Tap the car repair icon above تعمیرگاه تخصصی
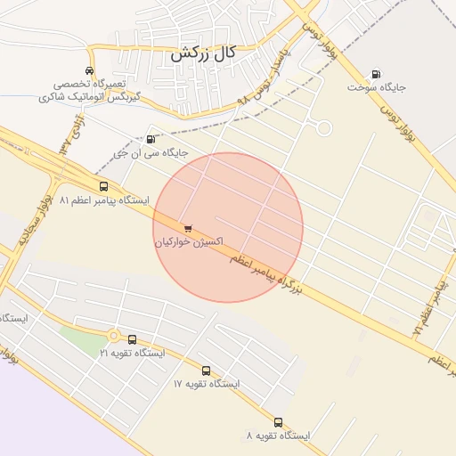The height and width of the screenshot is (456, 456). [89, 70]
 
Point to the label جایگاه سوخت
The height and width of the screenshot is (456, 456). [377, 87]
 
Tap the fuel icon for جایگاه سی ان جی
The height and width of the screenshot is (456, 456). [150, 139]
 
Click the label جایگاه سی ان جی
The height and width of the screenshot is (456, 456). [150, 153]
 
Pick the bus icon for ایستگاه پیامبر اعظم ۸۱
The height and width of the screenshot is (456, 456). [104, 187]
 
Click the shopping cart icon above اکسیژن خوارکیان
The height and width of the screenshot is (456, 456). [187, 228]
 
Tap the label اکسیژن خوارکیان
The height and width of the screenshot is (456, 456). [188, 241]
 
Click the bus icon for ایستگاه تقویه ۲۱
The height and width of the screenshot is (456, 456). [133, 339]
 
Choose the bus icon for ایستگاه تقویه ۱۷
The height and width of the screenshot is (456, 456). [206, 370]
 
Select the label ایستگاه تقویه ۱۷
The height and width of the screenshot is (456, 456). [207, 384]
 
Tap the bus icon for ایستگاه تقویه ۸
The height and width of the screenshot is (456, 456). [278, 422]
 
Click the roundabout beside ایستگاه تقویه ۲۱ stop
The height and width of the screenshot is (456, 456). [114, 336]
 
